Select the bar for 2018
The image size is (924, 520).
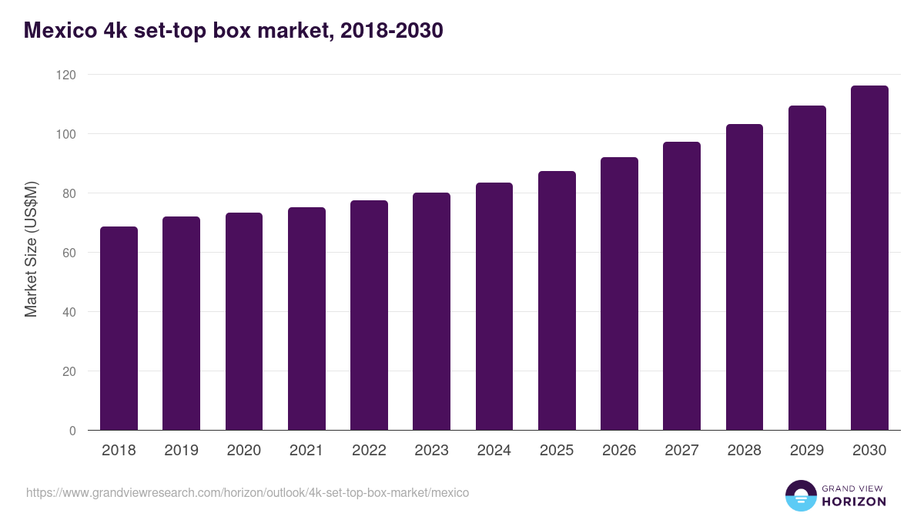(119, 329)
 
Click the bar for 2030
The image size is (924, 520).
(869, 258)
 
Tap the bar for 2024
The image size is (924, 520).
(494, 307)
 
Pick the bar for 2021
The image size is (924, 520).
(306, 319)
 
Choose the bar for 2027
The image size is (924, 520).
(681, 287)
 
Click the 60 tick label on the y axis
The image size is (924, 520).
(69, 253)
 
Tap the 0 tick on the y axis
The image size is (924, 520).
(72, 431)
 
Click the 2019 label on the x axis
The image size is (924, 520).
(181, 451)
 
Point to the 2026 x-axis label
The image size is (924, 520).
(619, 451)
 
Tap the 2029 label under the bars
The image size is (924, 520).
(807, 451)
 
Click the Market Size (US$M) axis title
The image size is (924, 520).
(31, 248)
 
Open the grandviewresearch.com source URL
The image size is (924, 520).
(247, 492)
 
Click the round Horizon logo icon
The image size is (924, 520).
(800, 495)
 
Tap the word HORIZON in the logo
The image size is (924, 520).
(854, 502)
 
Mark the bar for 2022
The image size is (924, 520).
(369, 316)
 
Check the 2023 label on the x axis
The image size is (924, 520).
(431, 451)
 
